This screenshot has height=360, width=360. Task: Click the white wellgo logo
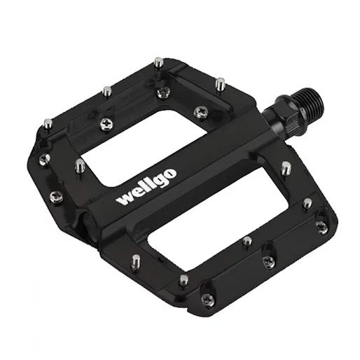click(146, 186)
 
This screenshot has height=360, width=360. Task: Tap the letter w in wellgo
click(125, 199)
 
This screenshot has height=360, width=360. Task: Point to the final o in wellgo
click(170, 174)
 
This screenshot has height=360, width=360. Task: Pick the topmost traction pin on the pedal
click(158, 62)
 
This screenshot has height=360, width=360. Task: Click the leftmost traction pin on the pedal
click(48, 124)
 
